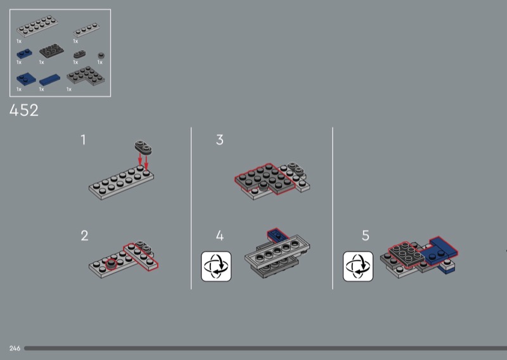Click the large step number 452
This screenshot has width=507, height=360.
coord(24,110)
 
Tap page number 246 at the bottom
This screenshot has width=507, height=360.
coord(15,349)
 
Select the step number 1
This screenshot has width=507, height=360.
coord(84,140)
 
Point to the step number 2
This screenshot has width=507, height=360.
coord(84,236)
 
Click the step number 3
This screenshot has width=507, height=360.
coord(220,140)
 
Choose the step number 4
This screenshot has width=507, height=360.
coord(220,236)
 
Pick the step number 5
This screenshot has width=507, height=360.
coord(366,236)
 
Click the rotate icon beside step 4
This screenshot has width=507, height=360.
coord(216,266)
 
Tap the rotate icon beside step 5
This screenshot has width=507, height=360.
coord(358,266)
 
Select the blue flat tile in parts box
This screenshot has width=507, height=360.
coord(49,80)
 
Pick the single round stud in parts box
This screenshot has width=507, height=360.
coord(101,56)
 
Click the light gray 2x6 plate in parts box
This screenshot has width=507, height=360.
coord(37,26)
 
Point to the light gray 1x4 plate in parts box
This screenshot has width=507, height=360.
coord(86,30)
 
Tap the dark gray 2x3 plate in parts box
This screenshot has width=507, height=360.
coord(51,51)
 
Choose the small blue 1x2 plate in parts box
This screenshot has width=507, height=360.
coord(24,54)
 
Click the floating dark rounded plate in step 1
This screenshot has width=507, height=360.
coord(143,147)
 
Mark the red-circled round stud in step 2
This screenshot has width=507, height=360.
coord(112,264)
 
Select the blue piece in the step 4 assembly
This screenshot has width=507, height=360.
coord(278,234)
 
